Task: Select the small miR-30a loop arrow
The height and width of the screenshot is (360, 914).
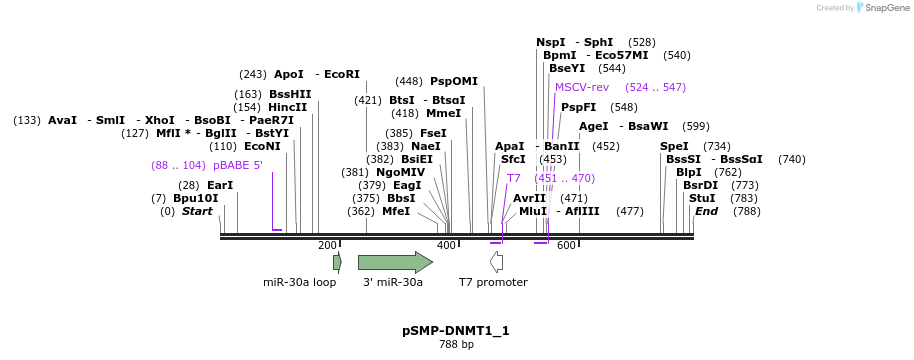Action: pyautogui.click(x=337, y=262)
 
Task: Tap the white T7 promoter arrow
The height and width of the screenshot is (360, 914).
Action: pyautogui.click(x=496, y=262)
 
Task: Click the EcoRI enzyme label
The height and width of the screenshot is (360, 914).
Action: pyautogui.click(x=341, y=74)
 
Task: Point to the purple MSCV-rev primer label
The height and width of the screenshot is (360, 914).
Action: pyautogui.click(x=581, y=88)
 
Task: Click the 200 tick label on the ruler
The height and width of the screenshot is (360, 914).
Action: pyautogui.click(x=327, y=246)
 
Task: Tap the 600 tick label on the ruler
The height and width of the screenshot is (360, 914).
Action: pyautogui.click(x=566, y=246)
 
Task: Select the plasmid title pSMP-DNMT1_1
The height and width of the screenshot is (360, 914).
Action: pyautogui.click(x=456, y=330)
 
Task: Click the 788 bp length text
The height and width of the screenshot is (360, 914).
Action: pyautogui.click(x=456, y=345)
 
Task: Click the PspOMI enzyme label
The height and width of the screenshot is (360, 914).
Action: pyautogui.click(x=454, y=82)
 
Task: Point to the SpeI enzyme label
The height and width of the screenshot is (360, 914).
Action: pyautogui.click(x=674, y=146)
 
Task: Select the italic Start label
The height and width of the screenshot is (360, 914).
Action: pyautogui.click(x=197, y=211)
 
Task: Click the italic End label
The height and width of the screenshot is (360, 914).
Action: pyautogui.click(x=706, y=211)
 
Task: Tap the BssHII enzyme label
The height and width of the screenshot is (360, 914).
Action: pyautogui.click(x=290, y=94)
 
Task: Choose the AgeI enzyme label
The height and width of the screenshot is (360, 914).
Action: pyautogui.click(x=593, y=127)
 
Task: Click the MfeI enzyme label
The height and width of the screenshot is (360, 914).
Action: pyautogui.click(x=396, y=211)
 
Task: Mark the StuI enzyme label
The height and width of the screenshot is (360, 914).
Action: pyautogui.click(x=701, y=198)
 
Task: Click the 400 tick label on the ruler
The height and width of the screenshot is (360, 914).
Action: pyautogui.click(x=446, y=246)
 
